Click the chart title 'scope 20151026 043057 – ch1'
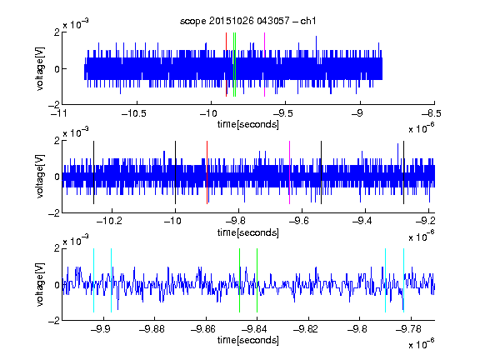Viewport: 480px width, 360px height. pyautogui.click(x=247, y=21)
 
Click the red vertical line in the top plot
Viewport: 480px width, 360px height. pyautogui.click(x=226, y=65)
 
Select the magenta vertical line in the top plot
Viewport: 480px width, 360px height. pyautogui.click(x=264, y=65)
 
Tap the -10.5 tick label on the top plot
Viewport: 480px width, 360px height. pyautogui.click(x=134, y=114)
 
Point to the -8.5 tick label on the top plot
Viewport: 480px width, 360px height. pyautogui.click(x=432, y=114)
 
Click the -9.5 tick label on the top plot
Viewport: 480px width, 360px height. pyautogui.click(x=282, y=114)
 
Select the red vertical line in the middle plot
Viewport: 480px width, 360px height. pyautogui.click(x=207, y=172)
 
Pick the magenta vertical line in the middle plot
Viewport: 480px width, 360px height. pyautogui.click(x=290, y=172)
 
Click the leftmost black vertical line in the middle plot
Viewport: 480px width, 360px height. pyautogui.click(x=93, y=172)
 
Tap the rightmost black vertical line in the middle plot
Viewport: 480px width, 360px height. pyautogui.click(x=404, y=172)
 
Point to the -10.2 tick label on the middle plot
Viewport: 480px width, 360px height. pyautogui.click(x=109, y=221)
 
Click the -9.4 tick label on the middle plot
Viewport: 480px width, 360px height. pyautogui.click(x=362, y=221)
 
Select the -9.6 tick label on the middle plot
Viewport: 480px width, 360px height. pyautogui.click(x=299, y=221)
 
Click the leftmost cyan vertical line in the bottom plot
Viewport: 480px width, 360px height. pyautogui.click(x=93, y=280)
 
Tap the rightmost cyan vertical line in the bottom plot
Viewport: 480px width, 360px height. pyautogui.click(x=404, y=280)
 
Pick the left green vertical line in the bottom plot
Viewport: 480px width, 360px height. pyautogui.click(x=239, y=280)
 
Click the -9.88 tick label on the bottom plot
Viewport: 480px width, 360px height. pyautogui.click(x=152, y=329)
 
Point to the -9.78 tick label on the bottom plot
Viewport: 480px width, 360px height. pyautogui.click(x=408, y=329)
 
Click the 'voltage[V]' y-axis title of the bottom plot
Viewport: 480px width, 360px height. pyautogui.click(x=40, y=285)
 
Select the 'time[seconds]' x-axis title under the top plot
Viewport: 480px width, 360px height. pyautogui.click(x=248, y=125)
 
